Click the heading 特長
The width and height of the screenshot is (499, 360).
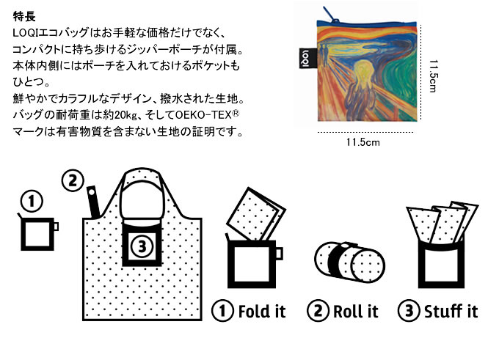[x=24, y=16]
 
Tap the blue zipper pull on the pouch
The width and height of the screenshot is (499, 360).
[x=330, y=15]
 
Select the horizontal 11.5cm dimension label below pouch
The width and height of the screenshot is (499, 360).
[x=363, y=142]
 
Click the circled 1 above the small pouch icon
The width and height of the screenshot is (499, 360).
[x=31, y=201]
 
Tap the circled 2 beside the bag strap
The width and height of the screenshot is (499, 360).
[x=73, y=180]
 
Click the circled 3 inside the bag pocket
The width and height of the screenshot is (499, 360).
[x=142, y=246]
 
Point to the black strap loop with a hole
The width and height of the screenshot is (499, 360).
[x=94, y=202]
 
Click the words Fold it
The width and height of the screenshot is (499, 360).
[x=262, y=311]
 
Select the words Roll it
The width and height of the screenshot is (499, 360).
[x=355, y=311]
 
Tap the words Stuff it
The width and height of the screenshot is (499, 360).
[x=451, y=311]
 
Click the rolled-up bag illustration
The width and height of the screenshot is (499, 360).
[x=349, y=262]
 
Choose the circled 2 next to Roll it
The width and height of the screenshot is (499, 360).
[x=318, y=311]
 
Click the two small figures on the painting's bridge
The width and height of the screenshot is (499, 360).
[x=324, y=55]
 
